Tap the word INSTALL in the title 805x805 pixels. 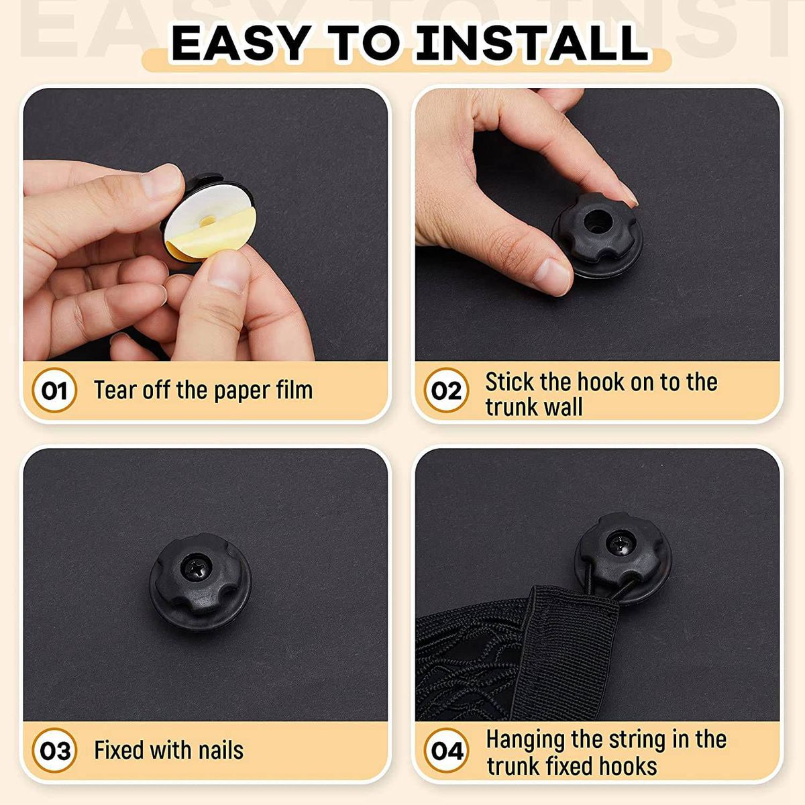coord(531,42)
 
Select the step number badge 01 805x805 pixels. coord(54,390)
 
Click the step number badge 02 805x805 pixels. coord(445,390)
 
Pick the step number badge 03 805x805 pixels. coord(54,750)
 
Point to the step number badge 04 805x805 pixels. coord(445,750)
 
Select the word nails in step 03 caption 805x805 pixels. coord(221,750)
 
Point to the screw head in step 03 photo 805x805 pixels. coord(195,568)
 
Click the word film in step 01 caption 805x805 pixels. coord(294,389)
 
